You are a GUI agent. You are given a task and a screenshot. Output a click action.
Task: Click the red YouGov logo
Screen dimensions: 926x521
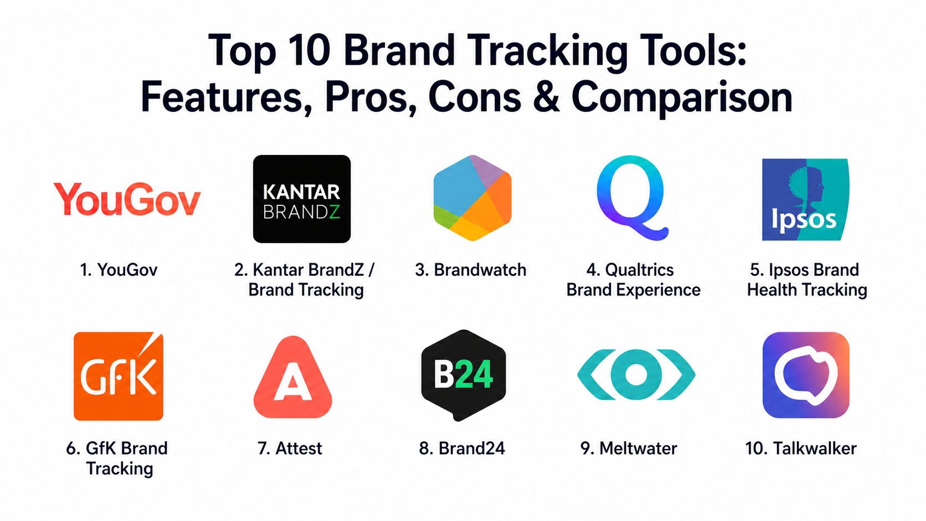coord(127,199)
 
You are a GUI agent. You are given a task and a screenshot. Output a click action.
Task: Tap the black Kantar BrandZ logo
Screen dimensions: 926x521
coord(302,199)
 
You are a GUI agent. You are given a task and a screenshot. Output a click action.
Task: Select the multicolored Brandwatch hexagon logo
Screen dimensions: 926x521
coord(472,198)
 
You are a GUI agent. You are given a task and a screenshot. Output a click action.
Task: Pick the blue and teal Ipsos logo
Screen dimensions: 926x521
coord(805,199)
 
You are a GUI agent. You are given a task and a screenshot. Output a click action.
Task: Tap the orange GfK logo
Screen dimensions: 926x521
coord(119,376)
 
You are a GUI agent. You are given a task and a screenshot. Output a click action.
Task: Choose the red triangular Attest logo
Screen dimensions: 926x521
coord(292,377)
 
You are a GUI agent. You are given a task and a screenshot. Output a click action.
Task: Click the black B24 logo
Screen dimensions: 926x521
coord(464,375)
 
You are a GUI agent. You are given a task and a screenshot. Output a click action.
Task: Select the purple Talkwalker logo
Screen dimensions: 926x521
coord(806,375)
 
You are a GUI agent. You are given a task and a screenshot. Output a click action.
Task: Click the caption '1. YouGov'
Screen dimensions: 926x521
coord(119,270)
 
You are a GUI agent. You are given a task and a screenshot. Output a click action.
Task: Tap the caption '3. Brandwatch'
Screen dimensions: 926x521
coord(470,270)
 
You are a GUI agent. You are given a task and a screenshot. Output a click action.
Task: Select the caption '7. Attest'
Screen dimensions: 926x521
coord(289,448)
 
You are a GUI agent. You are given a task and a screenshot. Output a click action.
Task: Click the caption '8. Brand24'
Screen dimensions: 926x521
coord(462,448)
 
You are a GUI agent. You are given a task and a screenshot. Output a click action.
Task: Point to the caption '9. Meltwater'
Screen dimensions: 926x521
coord(629,448)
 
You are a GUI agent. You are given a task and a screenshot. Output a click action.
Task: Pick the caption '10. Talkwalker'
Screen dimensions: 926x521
coord(801,448)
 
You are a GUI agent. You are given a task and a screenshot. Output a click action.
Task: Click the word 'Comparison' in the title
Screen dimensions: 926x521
coord(682,100)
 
